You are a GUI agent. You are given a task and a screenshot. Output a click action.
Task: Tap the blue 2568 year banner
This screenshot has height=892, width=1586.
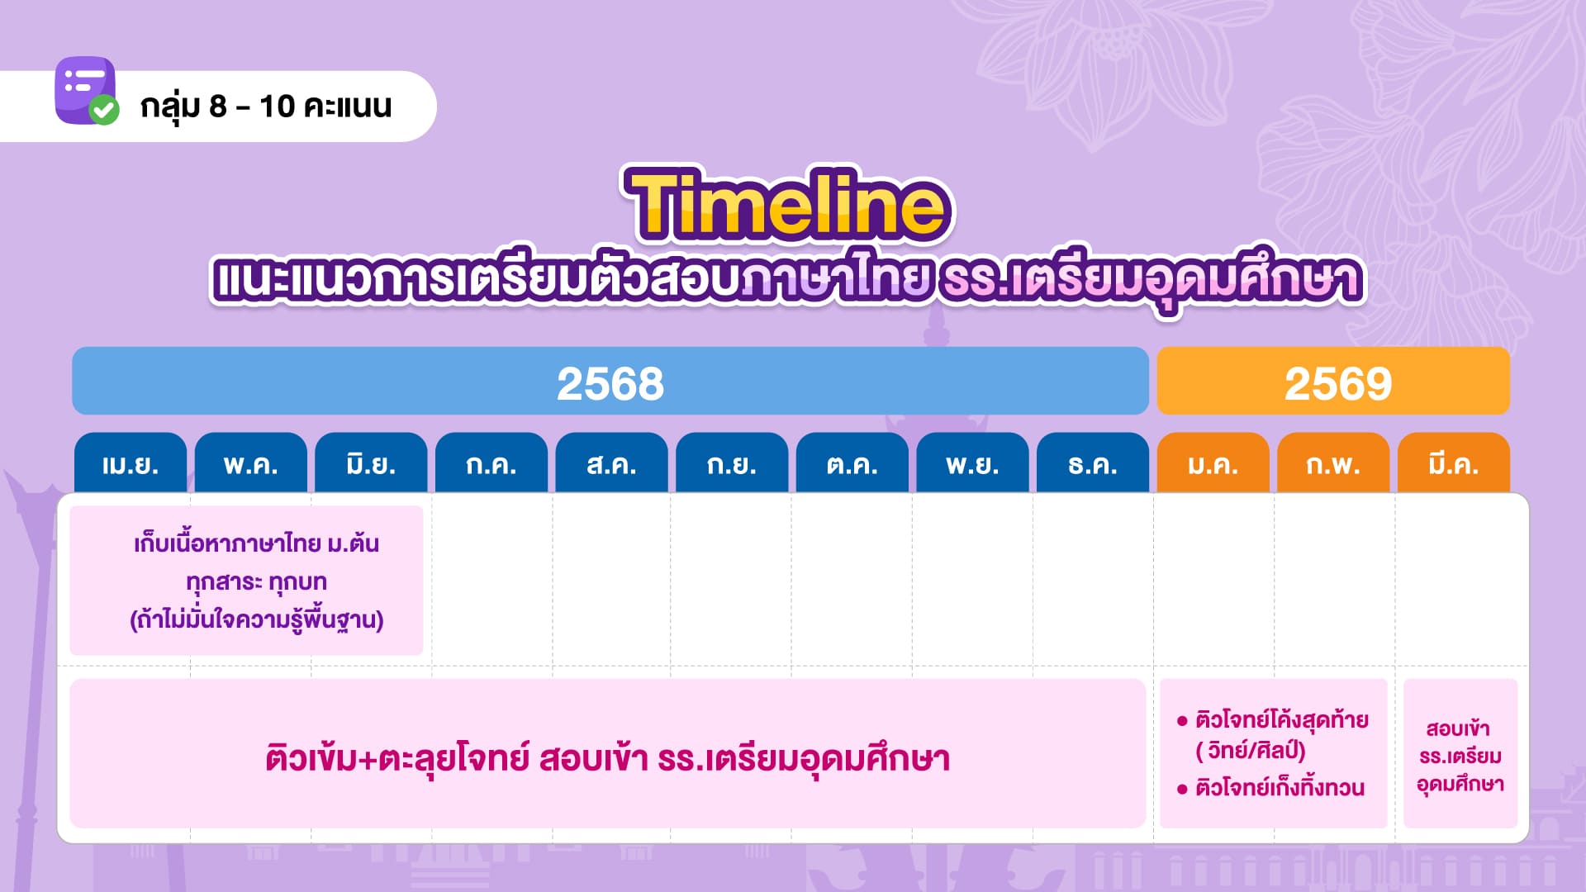610,381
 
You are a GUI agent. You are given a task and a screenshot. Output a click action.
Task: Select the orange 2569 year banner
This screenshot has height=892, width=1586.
1333,381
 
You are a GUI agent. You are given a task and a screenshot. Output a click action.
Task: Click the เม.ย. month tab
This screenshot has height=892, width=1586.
131,463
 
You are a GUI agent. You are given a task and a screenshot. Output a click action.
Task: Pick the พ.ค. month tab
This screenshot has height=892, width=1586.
251,463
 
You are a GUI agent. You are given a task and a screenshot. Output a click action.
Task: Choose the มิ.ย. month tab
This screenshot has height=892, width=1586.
371,463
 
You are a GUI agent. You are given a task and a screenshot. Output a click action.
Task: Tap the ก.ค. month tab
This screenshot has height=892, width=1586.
491,463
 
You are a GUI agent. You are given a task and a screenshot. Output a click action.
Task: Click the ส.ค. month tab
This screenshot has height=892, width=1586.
612,463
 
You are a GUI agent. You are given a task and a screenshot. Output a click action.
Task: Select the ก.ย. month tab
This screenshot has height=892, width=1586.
732,463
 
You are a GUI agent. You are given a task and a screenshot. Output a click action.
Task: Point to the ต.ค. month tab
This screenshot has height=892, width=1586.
852,463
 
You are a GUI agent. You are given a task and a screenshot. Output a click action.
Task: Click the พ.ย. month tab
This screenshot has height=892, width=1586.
973,463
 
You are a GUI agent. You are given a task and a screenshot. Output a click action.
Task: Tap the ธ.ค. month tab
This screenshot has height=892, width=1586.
1093,463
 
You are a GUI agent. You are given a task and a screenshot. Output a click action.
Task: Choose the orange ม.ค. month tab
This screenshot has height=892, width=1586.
1213,463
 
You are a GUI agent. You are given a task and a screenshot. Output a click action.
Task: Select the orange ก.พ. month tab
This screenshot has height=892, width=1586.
1333,463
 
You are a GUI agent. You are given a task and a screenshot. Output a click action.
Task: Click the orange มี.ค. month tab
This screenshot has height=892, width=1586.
1454,463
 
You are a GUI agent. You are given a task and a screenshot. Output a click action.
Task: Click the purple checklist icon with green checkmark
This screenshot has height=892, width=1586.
86,91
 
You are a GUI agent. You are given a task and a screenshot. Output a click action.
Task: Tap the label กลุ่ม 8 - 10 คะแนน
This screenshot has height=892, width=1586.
266,107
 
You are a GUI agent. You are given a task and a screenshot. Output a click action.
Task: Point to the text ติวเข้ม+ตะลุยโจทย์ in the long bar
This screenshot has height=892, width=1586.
397,758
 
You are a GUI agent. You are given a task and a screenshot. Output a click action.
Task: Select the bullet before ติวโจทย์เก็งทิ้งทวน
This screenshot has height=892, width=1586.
1182,789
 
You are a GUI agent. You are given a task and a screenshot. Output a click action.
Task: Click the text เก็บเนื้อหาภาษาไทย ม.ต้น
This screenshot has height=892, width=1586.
257,543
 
